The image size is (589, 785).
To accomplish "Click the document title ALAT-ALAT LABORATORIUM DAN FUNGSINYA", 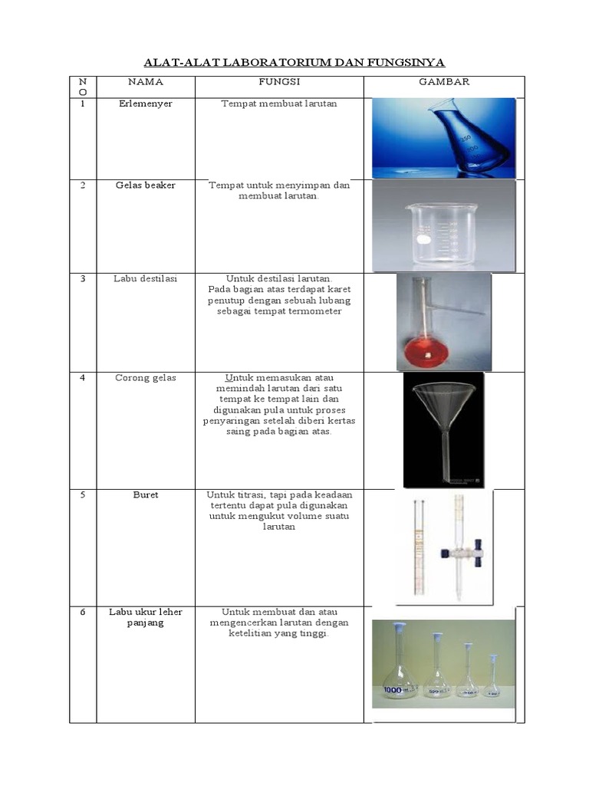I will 295,62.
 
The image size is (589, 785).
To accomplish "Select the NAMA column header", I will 145,82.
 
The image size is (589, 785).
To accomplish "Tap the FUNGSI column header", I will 279,82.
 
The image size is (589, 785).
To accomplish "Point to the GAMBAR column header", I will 443,82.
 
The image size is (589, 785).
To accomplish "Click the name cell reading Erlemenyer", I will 145,103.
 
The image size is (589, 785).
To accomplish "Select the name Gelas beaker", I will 145,186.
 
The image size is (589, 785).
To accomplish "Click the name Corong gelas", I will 145,378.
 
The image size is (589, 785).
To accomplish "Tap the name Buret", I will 145,495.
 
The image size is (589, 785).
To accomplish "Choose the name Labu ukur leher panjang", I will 145,617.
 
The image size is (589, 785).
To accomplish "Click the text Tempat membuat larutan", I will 279,103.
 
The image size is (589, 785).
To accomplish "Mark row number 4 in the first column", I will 83,378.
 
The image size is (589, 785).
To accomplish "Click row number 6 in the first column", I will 83,612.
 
